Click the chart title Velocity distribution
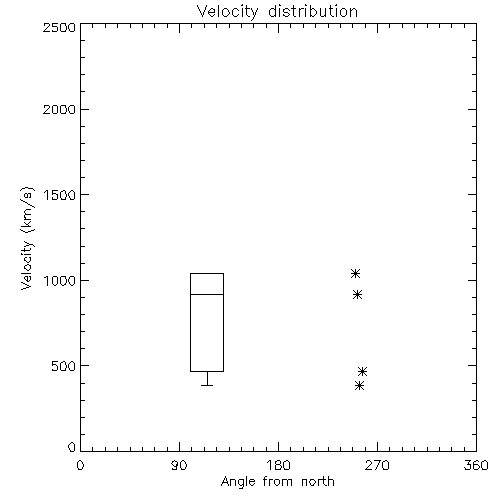coord(277,11)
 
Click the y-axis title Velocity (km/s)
coord(27,238)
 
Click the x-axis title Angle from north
coord(277,481)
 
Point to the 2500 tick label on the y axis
coord(59,27)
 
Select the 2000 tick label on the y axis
coord(59,109)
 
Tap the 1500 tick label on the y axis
coord(60,195)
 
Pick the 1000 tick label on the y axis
coord(60,280)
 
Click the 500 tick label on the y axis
coord(64,366)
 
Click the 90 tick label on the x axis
coord(179,465)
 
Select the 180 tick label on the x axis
coord(278,465)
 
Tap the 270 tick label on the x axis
coord(377,465)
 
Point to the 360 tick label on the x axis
coord(476,465)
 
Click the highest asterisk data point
coord(355,274)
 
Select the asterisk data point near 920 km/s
coord(357,295)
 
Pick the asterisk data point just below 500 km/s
coord(362,371)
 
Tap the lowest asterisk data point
coord(359,386)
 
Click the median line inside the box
coord(207,294)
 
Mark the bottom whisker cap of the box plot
coord(207,385)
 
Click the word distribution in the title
coord(313,11)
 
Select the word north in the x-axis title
coord(318,481)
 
